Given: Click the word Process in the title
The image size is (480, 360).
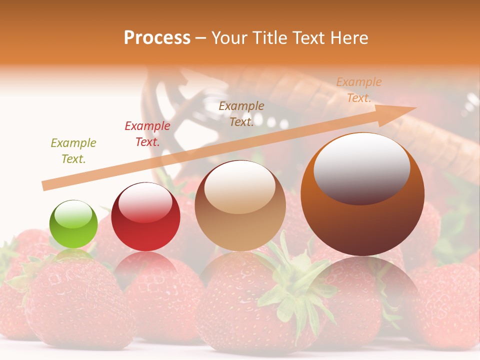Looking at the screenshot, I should coord(157,38).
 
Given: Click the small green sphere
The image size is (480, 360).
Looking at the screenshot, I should coord(73,224).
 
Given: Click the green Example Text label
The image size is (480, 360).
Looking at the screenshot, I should coord(73,151).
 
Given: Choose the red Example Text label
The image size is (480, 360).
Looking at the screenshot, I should coord(147,134).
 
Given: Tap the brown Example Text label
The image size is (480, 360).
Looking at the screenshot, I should coord(241,114).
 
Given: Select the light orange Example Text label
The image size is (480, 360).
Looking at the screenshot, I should coord(359,90).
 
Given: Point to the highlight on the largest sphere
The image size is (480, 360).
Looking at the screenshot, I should coord(361,169).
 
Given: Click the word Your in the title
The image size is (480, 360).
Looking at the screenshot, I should coord(227,38).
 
